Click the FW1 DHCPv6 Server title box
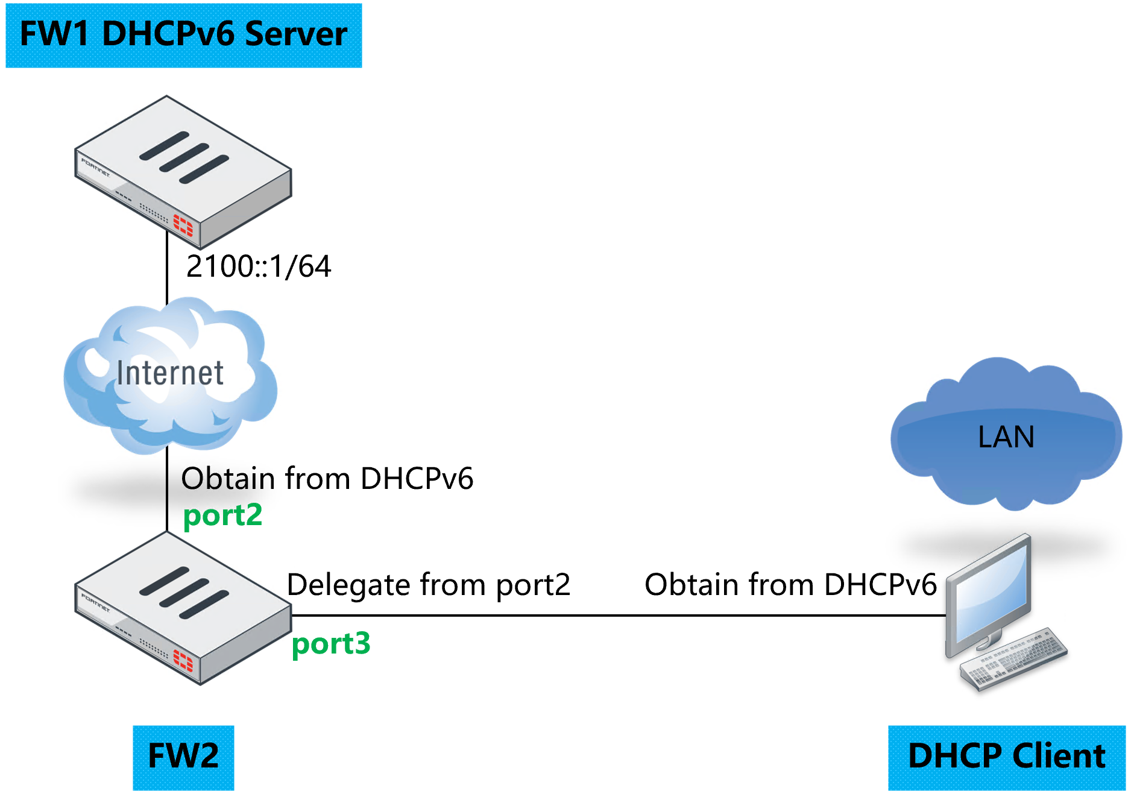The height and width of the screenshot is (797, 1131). (x=183, y=35)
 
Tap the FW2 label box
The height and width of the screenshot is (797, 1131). (x=183, y=757)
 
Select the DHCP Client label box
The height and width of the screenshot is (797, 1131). (x=1006, y=757)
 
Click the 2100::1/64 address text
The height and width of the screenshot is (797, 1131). (x=259, y=266)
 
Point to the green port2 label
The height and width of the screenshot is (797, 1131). (x=222, y=515)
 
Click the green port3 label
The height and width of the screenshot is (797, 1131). (x=330, y=644)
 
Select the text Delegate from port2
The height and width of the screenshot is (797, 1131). (x=428, y=585)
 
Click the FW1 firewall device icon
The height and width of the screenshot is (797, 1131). (x=183, y=172)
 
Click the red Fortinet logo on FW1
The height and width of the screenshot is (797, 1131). (x=183, y=226)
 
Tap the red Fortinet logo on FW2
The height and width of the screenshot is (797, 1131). (x=183, y=661)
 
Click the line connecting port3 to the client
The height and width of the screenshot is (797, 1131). (x=615, y=616)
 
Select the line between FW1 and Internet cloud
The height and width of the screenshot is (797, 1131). (x=167, y=271)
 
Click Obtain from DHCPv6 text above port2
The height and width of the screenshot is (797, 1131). (x=327, y=479)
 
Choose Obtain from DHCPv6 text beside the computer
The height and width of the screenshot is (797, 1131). (x=790, y=585)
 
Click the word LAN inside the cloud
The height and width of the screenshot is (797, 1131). (x=1006, y=437)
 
